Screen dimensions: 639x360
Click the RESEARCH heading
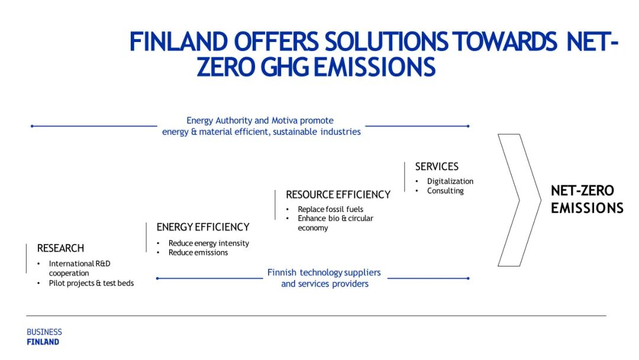pos(60,248)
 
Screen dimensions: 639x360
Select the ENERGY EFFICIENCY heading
pos(203,227)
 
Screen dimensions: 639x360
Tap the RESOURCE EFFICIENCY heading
pos(338,194)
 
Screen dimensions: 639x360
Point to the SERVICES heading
pos(437,166)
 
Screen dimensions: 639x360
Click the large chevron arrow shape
pos(530,200)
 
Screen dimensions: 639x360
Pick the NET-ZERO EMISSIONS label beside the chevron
pos(587,200)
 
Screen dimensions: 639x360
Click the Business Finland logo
pos(44,337)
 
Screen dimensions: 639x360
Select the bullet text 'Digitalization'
pos(450,181)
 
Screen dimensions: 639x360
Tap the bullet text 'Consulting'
pos(446,191)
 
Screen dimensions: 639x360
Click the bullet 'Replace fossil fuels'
pos(331,209)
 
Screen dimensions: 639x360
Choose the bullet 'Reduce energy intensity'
pos(209,243)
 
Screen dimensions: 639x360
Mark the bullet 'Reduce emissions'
pos(198,252)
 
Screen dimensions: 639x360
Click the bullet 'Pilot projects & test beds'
pos(91,283)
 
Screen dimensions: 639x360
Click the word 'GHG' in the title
pos(284,67)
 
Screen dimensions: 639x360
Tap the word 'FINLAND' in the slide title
pos(179,41)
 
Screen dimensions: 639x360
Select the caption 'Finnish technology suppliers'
pos(324,272)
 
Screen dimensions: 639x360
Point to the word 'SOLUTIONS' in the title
pos(386,41)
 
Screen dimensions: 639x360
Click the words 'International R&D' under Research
pos(79,263)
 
